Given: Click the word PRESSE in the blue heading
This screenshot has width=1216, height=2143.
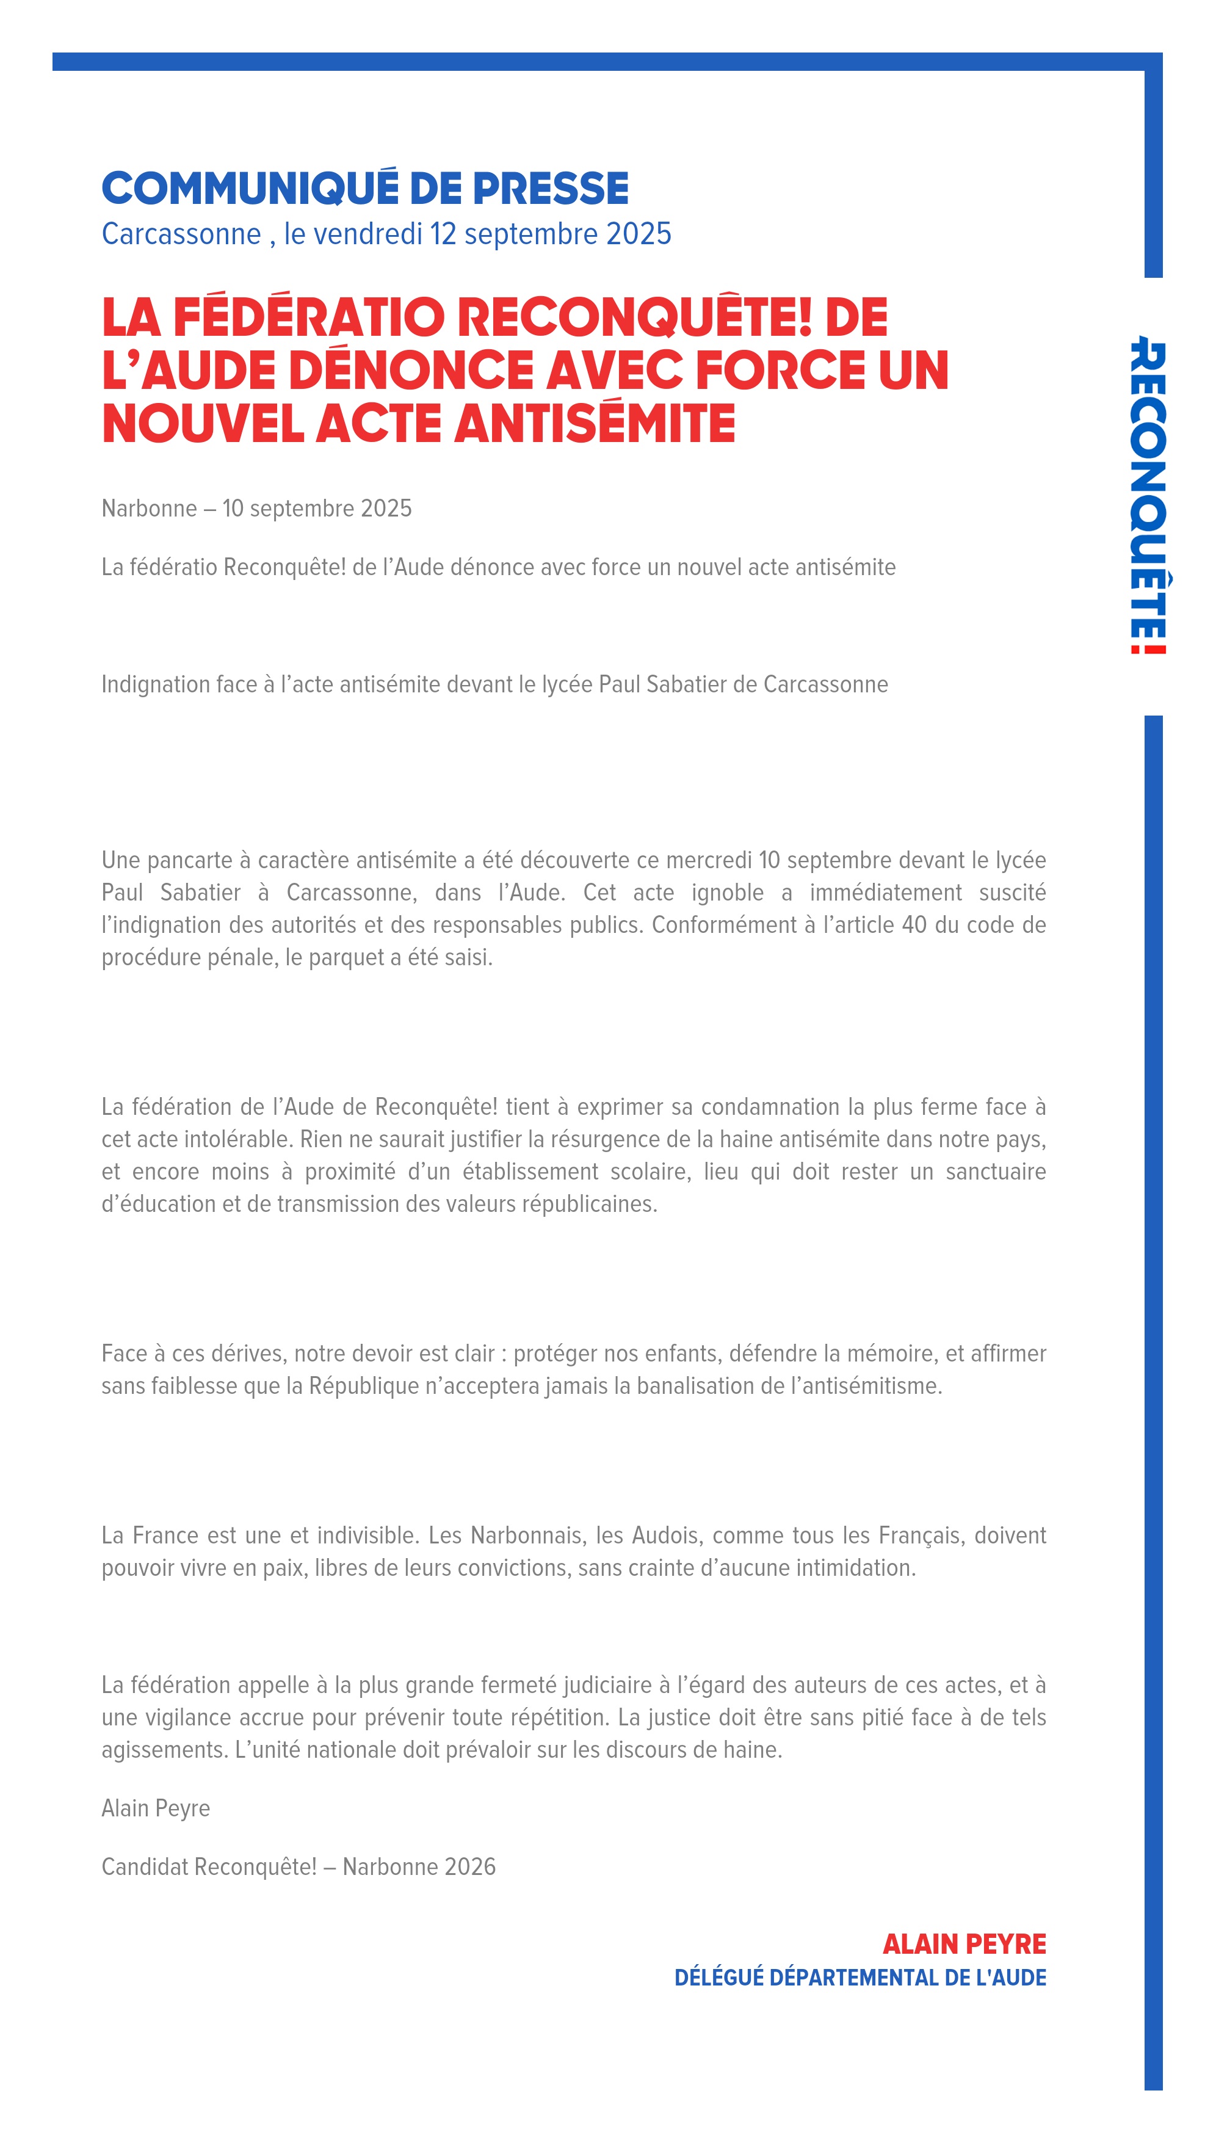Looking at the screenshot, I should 551,189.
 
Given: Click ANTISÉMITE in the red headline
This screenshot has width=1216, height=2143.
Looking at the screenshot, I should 595,424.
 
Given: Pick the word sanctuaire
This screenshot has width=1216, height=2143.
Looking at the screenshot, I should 996,1172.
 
